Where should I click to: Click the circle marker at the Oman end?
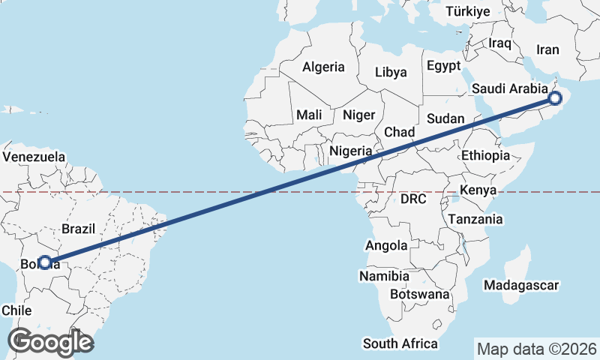click(555, 98)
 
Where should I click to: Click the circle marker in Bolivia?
click(45, 262)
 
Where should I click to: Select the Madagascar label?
click(521, 286)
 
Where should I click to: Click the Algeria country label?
click(323, 67)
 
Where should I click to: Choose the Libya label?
click(390, 73)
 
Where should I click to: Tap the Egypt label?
click(443, 66)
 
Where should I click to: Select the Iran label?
click(547, 50)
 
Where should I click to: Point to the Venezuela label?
click(34, 157)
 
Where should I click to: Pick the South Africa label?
click(400, 343)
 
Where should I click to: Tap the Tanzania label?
click(475, 220)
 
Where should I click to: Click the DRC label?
click(412, 199)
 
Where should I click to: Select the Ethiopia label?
click(485, 155)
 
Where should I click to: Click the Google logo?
click(50, 342)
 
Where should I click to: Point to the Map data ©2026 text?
click(536, 349)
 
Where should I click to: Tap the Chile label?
click(16, 310)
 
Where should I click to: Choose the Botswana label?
click(419, 295)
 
